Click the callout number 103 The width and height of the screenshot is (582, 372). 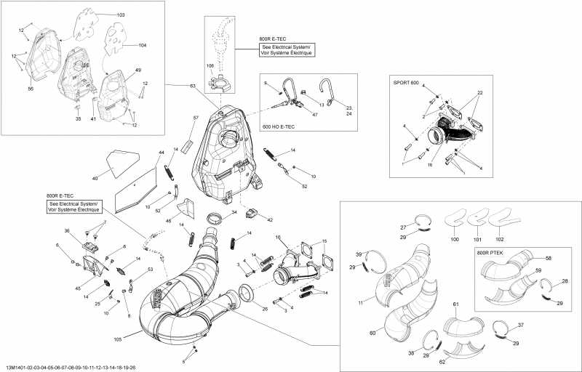click(x=120, y=15)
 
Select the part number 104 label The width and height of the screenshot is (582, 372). click(x=142, y=45)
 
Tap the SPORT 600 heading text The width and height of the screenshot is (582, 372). click(x=406, y=82)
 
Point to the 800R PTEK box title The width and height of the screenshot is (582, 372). click(x=489, y=252)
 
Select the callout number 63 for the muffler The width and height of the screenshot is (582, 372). click(x=192, y=86)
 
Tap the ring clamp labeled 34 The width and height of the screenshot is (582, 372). click(x=216, y=219)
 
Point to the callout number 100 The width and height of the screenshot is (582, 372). click(x=455, y=239)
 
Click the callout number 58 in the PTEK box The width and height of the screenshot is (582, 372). click(x=549, y=258)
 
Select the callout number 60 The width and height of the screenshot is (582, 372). click(x=372, y=333)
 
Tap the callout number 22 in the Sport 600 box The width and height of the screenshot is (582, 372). click(x=479, y=94)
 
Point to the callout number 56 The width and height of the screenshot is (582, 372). click(x=31, y=88)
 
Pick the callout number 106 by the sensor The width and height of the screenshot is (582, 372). click(x=210, y=66)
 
